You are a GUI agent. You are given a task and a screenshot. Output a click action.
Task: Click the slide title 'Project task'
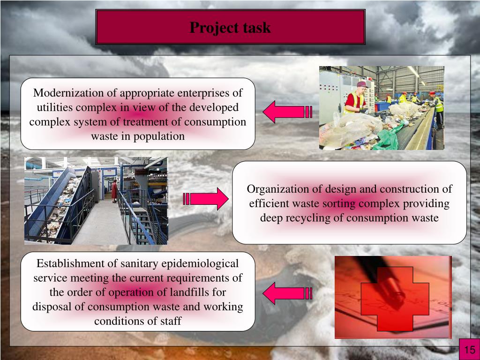pyautogui.click(x=230, y=28)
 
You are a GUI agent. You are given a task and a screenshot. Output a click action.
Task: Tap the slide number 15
pyautogui.click(x=470, y=350)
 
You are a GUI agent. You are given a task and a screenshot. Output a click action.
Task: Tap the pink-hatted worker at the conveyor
pyautogui.click(x=355, y=97)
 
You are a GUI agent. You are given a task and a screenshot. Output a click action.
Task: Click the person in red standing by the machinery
pyautogui.click(x=114, y=190)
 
